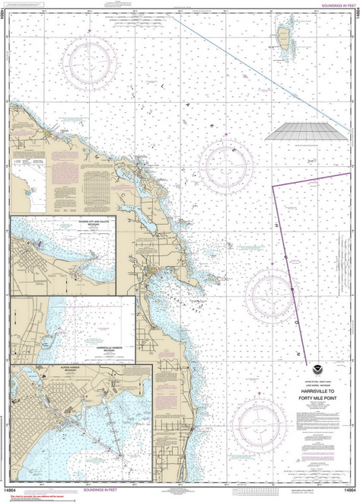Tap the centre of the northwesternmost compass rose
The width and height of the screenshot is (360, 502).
coord(91,62)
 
